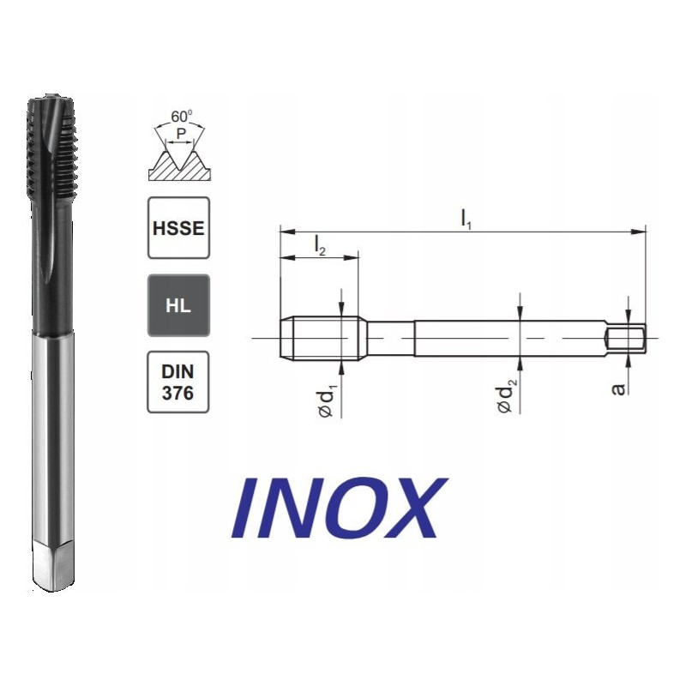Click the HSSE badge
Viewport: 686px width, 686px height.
tap(178, 228)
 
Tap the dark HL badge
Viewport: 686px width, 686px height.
tap(178, 305)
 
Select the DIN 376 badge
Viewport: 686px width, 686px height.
tap(178, 382)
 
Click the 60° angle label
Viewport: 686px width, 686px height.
tap(181, 117)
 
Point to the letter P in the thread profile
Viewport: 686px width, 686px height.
tap(181, 134)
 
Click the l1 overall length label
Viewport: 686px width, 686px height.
tap(466, 220)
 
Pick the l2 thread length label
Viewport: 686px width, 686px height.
tap(320, 247)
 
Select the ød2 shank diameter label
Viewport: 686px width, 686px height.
tap(508, 397)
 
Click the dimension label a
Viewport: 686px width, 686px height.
tap(618, 389)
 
